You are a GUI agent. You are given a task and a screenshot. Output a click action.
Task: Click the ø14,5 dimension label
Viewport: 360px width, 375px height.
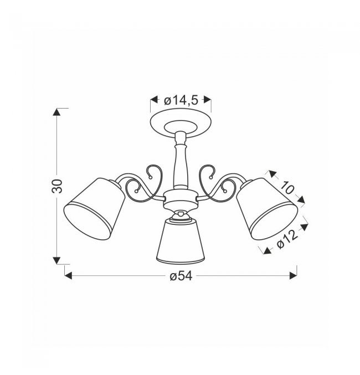coord(181,101)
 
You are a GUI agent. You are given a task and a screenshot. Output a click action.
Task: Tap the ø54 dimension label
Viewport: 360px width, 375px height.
coord(181,276)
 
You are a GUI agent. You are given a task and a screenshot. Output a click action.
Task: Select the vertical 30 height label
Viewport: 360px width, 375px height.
coord(58,186)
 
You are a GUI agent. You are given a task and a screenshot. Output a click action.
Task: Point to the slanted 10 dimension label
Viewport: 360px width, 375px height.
coord(287,187)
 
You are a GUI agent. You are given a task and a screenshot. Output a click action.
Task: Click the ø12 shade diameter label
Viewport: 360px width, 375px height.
coord(287,240)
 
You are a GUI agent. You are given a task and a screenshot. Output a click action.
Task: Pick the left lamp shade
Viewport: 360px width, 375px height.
coord(94,208)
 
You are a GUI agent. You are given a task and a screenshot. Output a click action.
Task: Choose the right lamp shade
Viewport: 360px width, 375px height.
coord(267,208)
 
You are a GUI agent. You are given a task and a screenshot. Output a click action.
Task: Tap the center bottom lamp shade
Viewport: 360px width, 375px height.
coord(181,242)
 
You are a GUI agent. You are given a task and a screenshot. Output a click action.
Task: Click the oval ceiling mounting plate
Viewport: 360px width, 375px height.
coord(181,124)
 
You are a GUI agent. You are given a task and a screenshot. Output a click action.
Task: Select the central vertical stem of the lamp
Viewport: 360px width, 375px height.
coord(181,160)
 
